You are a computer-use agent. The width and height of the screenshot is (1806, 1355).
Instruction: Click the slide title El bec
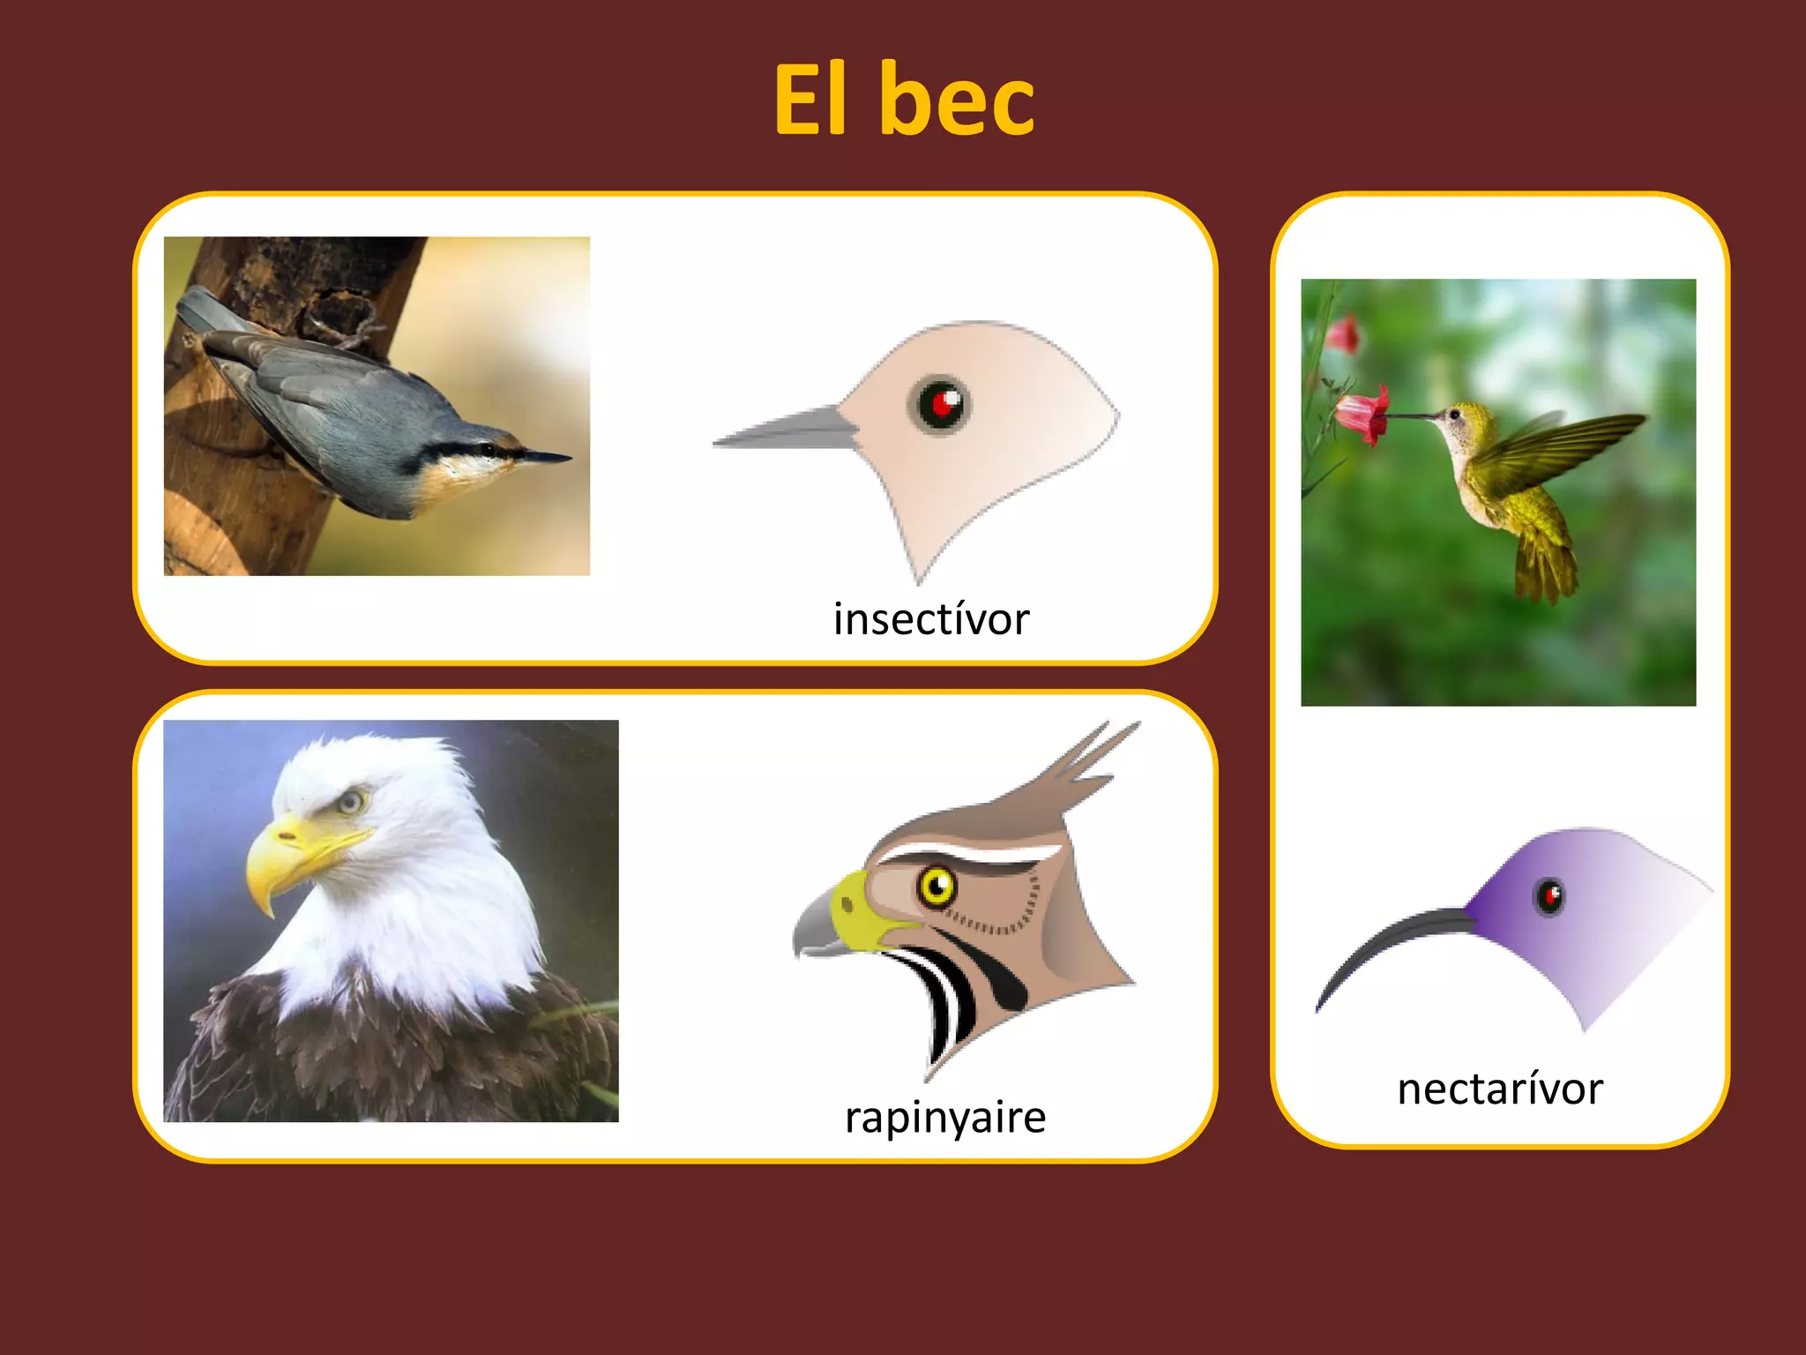click(x=904, y=100)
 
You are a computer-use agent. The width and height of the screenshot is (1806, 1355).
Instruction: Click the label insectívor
click(x=931, y=618)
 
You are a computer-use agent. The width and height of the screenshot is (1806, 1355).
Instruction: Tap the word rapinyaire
click(x=945, y=1118)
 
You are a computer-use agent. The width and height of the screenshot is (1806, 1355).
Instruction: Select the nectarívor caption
click(x=1500, y=1089)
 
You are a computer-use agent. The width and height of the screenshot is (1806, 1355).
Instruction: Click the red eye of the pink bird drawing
click(x=940, y=405)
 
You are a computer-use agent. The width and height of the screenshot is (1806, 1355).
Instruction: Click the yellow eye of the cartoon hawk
click(x=937, y=885)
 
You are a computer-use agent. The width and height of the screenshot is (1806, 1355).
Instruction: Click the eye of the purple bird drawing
click(x=1549, y=897)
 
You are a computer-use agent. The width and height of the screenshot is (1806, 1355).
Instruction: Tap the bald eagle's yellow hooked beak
click(x=273, y=860)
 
